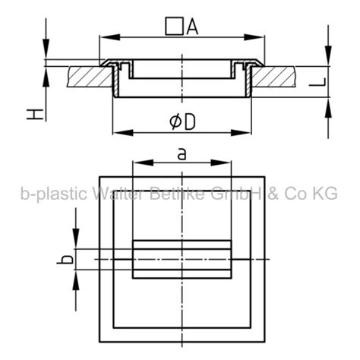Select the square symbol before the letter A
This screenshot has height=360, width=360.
(x=174, y=28)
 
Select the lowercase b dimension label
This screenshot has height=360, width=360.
(x=68, y=260)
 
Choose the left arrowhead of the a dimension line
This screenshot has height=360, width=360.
(x=137, y=163)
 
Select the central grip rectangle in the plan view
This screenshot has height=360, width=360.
(x=182, y=260)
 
